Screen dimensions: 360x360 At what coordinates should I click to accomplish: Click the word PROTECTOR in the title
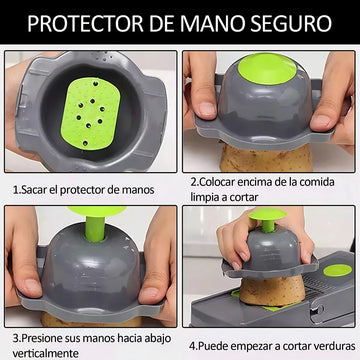pos(85,23)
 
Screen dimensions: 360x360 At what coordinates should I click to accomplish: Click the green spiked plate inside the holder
pos(90,114)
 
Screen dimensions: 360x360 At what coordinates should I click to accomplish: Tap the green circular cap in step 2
pos(267,69)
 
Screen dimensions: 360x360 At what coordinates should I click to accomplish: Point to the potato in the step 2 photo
pos(266,158)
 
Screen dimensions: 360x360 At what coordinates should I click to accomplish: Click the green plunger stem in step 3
pos(95,229)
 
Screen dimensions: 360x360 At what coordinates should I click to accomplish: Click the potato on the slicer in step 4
pos(272,290)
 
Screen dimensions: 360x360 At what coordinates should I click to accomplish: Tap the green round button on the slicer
pos(337,270)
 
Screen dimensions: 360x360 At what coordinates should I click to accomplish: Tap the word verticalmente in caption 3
pos(46,353)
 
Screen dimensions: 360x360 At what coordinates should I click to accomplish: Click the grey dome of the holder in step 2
pos(265,104)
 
